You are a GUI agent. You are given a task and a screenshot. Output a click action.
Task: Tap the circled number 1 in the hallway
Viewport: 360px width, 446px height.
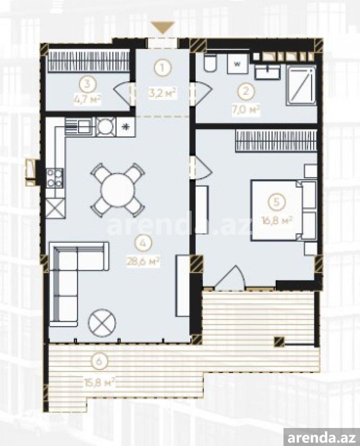click(x=162, y=68)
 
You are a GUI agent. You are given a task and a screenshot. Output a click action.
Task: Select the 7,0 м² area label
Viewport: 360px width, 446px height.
click(x=246, y=109)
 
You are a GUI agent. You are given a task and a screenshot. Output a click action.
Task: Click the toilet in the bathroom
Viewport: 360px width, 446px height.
click(x=211, y=63)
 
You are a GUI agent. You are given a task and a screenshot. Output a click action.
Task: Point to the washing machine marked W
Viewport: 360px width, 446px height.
click(x=237, y=64)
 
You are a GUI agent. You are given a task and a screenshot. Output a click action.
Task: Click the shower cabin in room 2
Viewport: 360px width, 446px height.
click(x=301, y=85)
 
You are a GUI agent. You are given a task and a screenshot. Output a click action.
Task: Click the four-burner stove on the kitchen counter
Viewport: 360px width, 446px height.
click(x=55, y=178)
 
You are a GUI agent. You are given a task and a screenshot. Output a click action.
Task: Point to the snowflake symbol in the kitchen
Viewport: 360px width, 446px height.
click(x=125, y=127)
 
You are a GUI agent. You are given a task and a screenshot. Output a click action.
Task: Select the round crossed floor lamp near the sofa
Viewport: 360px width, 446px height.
click(x=102, y=323)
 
